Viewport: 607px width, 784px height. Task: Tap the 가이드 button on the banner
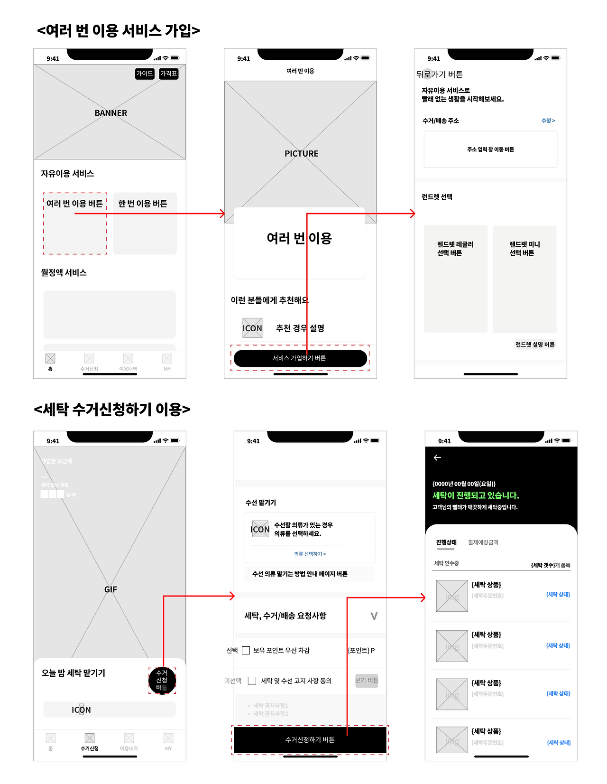point(145,74)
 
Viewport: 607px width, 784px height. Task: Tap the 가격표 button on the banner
point(169,74)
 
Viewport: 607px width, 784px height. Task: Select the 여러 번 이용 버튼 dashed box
point(75,224)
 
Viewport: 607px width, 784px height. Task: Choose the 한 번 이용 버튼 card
point(145,224)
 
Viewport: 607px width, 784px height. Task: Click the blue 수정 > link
point(548,121)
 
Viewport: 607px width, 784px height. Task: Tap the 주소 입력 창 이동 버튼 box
point(490,149)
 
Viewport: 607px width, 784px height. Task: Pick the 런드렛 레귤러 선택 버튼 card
point(455,279)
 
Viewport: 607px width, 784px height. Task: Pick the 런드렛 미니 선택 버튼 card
point(524,279)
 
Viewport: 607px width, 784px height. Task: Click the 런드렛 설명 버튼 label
point(535,345)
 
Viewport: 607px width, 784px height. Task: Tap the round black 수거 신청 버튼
point(162,681)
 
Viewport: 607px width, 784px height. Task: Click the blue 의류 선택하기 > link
point(310,554)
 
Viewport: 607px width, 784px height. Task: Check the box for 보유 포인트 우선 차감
point(246,650)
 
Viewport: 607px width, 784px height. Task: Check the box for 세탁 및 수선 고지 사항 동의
point(252,681)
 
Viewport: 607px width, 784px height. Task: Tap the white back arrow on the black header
point(437,457)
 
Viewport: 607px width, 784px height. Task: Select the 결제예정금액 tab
point(483,542)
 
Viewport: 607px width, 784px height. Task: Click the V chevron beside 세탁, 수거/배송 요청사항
point(374,616)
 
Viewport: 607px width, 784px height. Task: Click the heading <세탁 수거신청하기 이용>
point(112,409)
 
